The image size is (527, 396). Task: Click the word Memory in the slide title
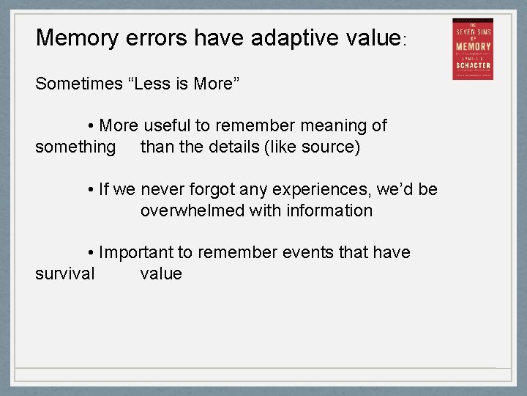[75, 38]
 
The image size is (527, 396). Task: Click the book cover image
[472, 49]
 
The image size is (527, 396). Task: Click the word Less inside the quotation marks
[153, 83]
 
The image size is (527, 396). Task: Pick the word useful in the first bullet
[170, 125]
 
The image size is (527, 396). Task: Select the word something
[75, 147]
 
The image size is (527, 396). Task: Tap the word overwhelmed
[193, 210]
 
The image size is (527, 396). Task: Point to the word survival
[64, 274]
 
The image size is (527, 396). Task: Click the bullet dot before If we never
[90, 190]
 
